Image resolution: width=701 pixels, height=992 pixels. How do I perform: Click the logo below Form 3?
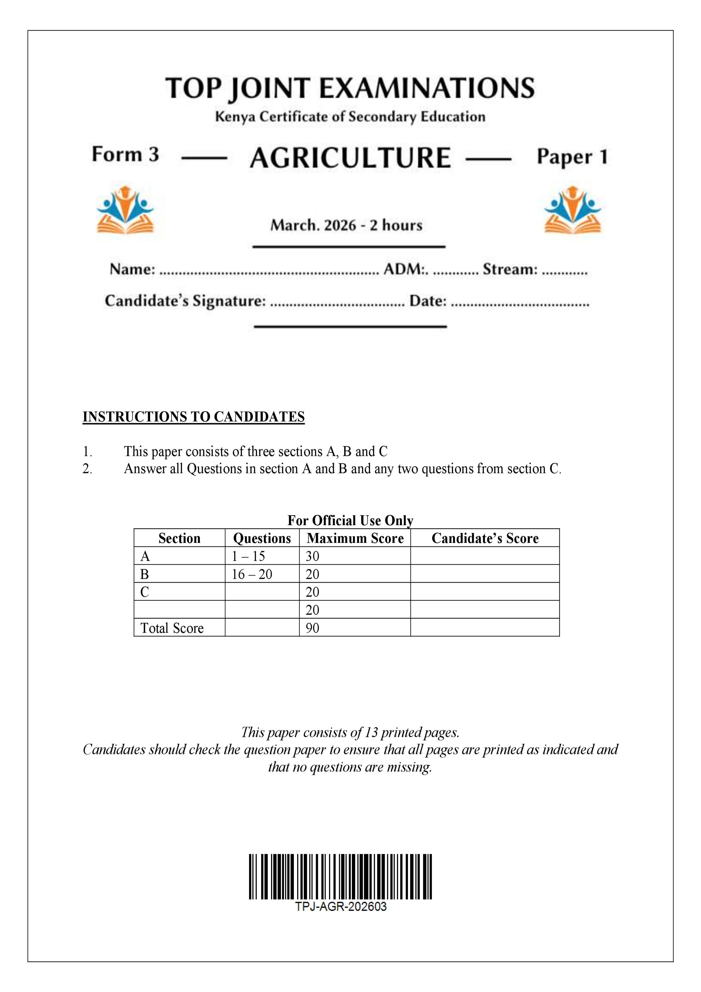125,210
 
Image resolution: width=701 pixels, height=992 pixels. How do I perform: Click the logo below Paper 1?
572,210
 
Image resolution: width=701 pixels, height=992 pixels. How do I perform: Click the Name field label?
132,269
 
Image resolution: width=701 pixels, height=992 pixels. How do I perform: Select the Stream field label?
510,269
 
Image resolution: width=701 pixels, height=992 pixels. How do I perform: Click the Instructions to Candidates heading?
194,417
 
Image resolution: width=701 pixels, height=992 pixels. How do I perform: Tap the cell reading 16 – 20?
252,574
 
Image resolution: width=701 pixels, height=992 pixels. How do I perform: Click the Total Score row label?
172,628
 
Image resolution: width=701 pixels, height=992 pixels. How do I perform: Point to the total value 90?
312,628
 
